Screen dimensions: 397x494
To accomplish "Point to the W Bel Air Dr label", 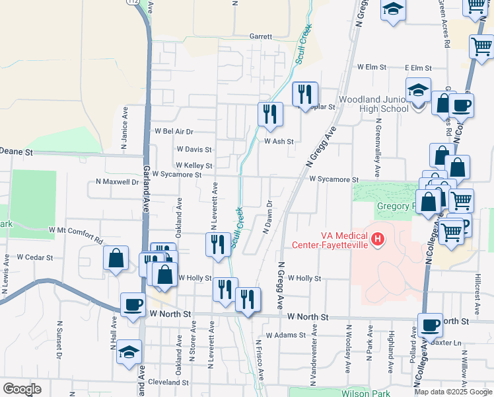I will point(173,132).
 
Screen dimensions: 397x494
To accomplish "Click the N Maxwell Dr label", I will point(118,181).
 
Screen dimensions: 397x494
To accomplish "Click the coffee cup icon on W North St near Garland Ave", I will point(133,305).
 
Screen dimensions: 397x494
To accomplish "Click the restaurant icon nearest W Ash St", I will point(270,114).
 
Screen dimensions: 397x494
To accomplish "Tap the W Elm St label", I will point(371,67).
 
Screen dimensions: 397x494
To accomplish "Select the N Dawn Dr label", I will point(268,217).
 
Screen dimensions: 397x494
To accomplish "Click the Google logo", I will point(22,389).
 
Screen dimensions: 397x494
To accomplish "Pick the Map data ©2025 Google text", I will point(452,392).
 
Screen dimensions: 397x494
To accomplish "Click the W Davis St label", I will point(194,150).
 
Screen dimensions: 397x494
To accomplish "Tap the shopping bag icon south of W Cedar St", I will point(116,259).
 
